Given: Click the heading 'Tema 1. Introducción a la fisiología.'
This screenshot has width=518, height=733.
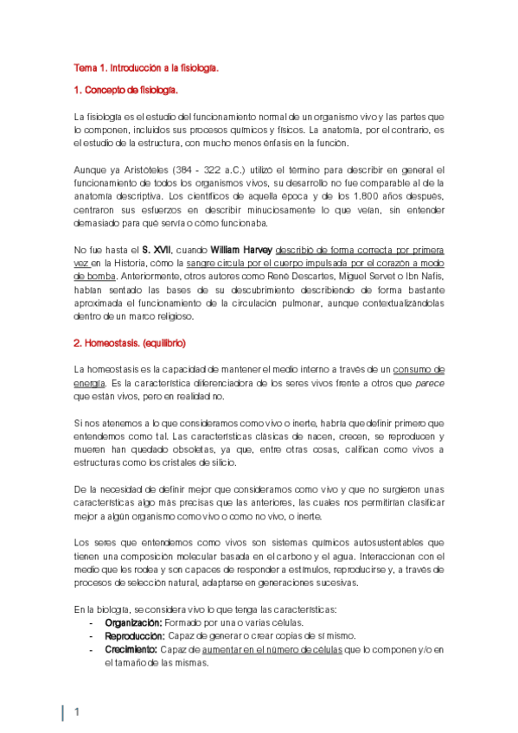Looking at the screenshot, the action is point(145,66).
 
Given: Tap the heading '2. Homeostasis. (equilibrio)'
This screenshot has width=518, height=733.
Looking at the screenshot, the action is point(129,343).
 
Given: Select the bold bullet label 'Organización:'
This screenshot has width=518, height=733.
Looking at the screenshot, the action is point(133,622).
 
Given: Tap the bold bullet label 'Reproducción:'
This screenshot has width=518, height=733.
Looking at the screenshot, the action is point(135,635).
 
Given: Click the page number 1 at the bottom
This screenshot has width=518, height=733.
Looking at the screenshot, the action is point(76,712).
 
